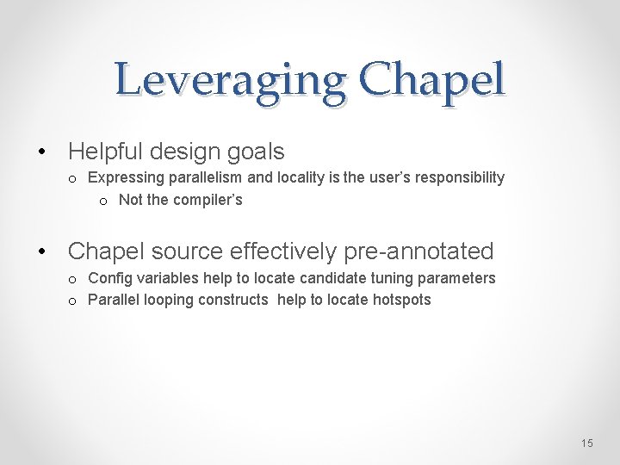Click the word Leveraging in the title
230,81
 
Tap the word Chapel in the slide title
432,79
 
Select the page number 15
586,443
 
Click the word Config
108,278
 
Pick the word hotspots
400,300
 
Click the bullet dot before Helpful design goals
42,152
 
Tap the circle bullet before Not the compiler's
103,201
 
